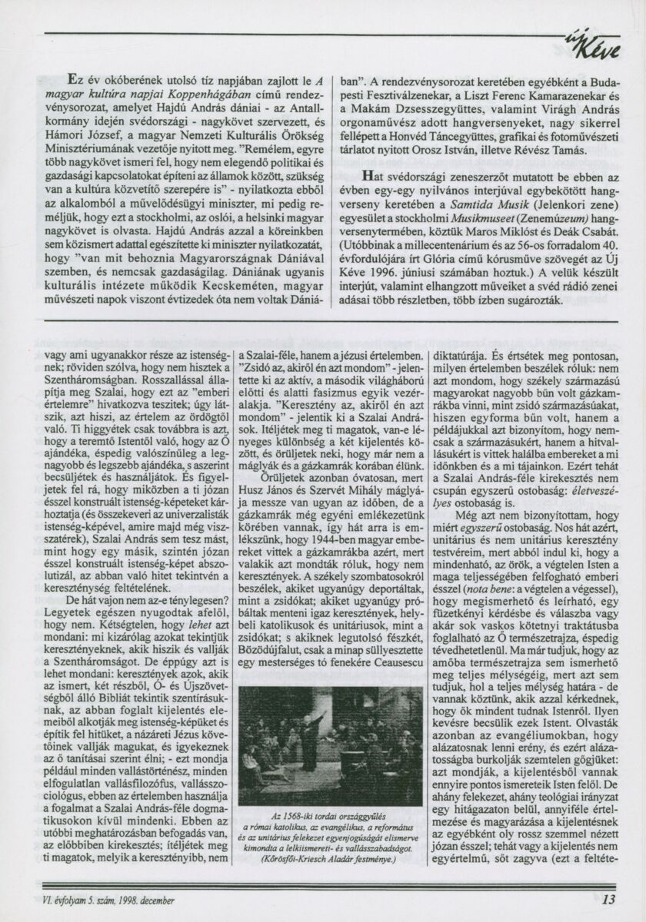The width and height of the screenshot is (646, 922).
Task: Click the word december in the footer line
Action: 152,897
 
